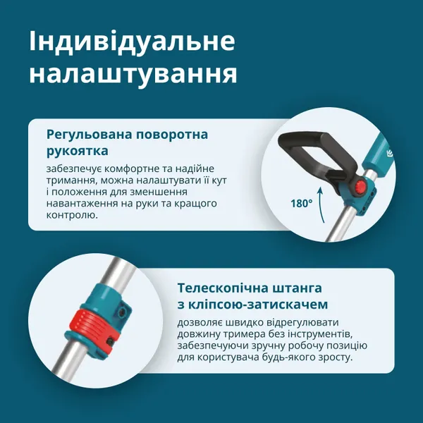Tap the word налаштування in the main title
click(x=133, y=73)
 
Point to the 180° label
click(x=300, y=203)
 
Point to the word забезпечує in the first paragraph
click(x=75, y=170)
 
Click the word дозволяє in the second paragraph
click(x=200, y=324)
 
